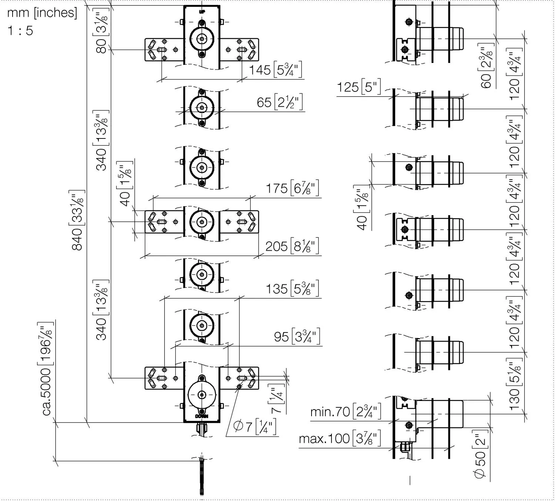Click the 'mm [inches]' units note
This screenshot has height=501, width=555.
pyautogui.click(x=42, y=13)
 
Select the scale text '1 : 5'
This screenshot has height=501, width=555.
pyautogui.click(x=20, y=30)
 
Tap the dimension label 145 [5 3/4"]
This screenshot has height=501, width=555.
pyautogui.click(x=276, y=70)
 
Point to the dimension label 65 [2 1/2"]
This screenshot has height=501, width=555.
pyautogui.click(x=280, y=102)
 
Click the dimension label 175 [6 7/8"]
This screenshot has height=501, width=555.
pyautogui.click(x=292, y=188)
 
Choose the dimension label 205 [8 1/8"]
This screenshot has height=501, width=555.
pyautogui.click(x=292, y=246)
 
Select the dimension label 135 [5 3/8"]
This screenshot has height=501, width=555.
pyautogui.click(x=292, y=288)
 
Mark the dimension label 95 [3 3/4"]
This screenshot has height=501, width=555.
pyautogui.click(x=297, y=337)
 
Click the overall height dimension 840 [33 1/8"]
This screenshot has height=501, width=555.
pyautogui.click(x=77, y=220)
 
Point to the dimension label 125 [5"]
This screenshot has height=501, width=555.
pyautogui.click(x=359, y=87)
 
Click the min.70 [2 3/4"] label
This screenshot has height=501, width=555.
pyautogui.click(x=346, y=411)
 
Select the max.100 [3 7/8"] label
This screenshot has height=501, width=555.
pyautogui.click(x=340, y=438)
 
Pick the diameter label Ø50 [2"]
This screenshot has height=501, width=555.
pyautogui.click(x=481, y=454)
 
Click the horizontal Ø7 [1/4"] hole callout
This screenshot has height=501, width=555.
pyautogui.click(x=255, y=427)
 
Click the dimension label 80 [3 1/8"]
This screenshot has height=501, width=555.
pyautogui.click(x=101, y=30)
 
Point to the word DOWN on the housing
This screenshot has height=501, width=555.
pyautogui.click(x=202, y=416)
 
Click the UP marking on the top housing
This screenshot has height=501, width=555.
pyautogui.click(x=202, y=11)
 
